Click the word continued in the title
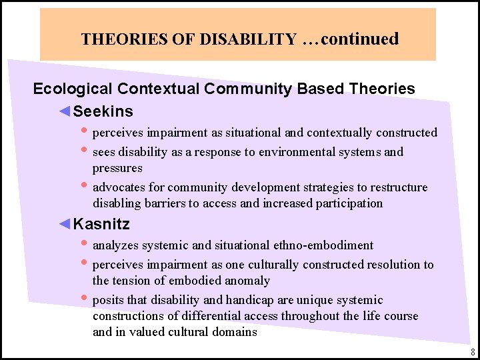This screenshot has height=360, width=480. pos(359,39)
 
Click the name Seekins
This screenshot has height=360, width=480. pos(103,111)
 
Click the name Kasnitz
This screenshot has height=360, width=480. pos(101,223)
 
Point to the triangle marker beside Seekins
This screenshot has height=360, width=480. pos(65,111)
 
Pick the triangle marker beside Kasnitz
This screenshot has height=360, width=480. pos(65,223)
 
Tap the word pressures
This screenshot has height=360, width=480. pos(117,168)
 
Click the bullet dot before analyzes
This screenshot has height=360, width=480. pos(84,244)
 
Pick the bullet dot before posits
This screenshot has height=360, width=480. pos(84,299)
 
